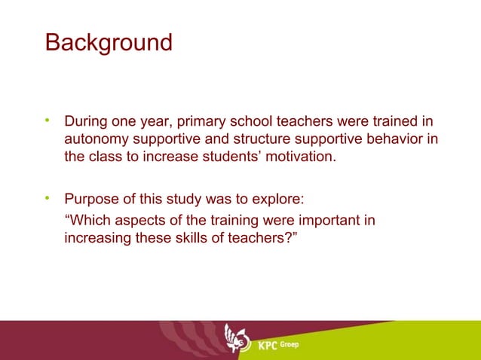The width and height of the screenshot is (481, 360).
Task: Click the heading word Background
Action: point(109,41)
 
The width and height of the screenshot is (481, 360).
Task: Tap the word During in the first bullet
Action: point(87,121)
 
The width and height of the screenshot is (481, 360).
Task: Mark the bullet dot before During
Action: point(47,121)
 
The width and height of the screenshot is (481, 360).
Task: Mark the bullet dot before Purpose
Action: point(47,200)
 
